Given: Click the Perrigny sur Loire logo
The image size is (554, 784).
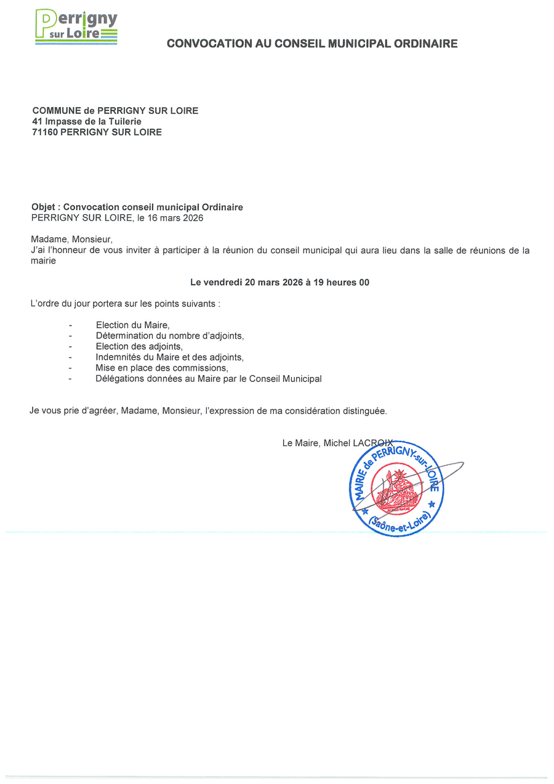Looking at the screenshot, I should pyautogui.click(x=76, y=27).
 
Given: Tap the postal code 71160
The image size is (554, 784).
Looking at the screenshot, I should pyautogui.click(x=45, y=132).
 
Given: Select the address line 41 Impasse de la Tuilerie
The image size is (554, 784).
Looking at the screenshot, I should pyautogui.click(x=87, y=121).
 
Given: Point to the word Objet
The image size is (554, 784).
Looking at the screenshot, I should pyautogui.click(x=43, y=208).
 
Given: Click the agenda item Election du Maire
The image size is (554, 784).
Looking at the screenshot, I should pyautogui.click(x=132, y=325).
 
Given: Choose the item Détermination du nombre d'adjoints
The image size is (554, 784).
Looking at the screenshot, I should pyautogui.click(x=170, y=336).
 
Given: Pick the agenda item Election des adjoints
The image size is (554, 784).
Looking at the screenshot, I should pyautogui.click(x=139, y=346).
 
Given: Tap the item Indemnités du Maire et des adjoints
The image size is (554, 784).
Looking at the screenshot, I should pyautogui.click(x=170, y=357).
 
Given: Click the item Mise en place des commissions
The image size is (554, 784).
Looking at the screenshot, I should pyautogui.click(x=162, y=368).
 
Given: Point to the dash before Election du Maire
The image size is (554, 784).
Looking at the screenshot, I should pyautogui.click(x=71, y=325).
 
